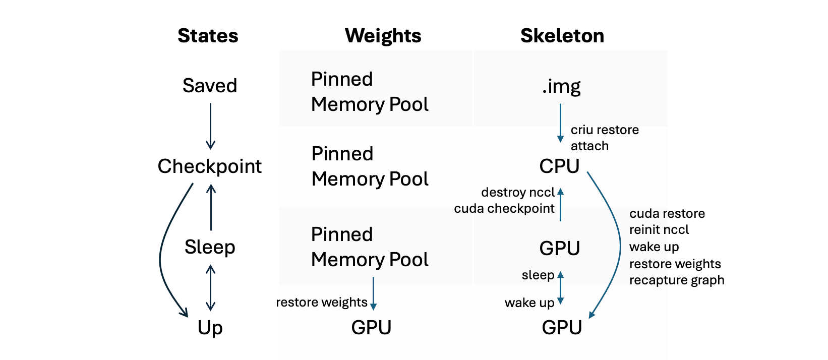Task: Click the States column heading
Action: (x=208, y=36)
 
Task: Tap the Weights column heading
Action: (x=383, y=36)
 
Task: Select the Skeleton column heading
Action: (x=562, y=36)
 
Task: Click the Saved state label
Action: (x=210, y=86)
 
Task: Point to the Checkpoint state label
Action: (x=210, y=167)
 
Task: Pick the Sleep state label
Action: (x=210, y=247)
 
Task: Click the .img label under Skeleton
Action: (x=561, y=87)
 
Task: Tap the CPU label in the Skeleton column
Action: (x=559, y=166)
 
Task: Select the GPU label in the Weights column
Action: (x=371, y=327)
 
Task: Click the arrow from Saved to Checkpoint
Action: (x=211, y=127)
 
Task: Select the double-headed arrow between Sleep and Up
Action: (x=211, y=288)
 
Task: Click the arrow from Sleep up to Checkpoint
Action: (x=211, y=207)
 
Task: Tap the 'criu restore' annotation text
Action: (x=605, y=130)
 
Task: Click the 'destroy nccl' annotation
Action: (x=518, y=192)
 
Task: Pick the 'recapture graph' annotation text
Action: (x=677, y=280)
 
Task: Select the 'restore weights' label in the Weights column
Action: (x=322, y=303)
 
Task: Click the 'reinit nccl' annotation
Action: (x=659, y=229)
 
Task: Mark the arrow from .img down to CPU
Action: (x=560, y=123)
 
